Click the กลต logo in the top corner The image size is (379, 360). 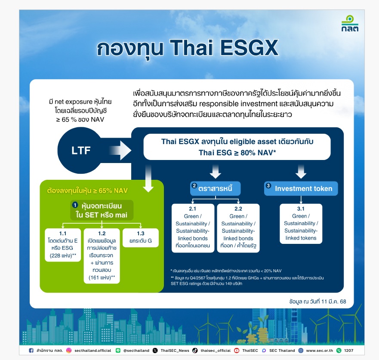point(349,24)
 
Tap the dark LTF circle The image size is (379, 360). point(81,150)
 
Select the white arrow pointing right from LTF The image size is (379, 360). point(120,150)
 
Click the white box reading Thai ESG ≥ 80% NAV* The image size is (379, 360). point(237,147)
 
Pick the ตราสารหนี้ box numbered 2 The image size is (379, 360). point(216,188)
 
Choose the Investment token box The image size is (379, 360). point(301,188)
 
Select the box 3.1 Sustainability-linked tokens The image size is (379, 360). point(301,223)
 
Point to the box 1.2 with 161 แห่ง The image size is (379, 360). point(102,255)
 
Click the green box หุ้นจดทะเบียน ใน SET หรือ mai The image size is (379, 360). point(102,210)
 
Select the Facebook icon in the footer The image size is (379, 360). point(31,351)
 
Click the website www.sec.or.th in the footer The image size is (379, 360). point(319,351)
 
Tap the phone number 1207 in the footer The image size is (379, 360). point(348,351)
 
